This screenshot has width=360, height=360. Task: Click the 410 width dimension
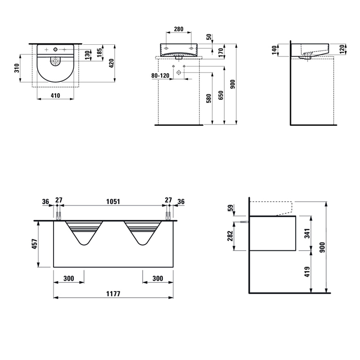55,95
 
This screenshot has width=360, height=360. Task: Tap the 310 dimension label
17,68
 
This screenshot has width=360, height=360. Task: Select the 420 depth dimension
111,63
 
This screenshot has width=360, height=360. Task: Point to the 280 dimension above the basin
179,29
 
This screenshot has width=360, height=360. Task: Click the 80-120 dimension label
160,75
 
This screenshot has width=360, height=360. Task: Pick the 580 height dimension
209,98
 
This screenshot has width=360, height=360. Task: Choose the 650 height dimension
220,95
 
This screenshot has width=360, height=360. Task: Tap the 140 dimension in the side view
274,50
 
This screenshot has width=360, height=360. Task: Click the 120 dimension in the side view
342,49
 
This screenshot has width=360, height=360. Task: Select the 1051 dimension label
113,201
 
